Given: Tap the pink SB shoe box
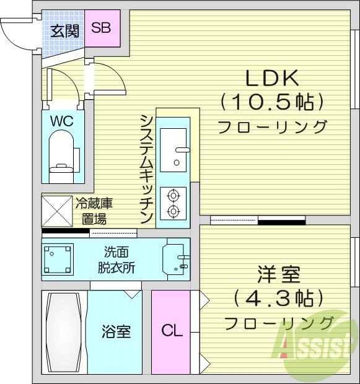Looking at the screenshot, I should pos(102,28).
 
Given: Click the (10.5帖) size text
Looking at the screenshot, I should pos(273,101).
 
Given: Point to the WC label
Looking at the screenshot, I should pos(61,121).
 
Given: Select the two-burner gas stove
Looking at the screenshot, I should pos(173,203).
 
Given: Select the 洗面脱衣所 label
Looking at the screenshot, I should pos(116,260).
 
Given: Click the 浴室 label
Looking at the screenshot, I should pos(116,331).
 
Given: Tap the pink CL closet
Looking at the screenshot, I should pos(172,331).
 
